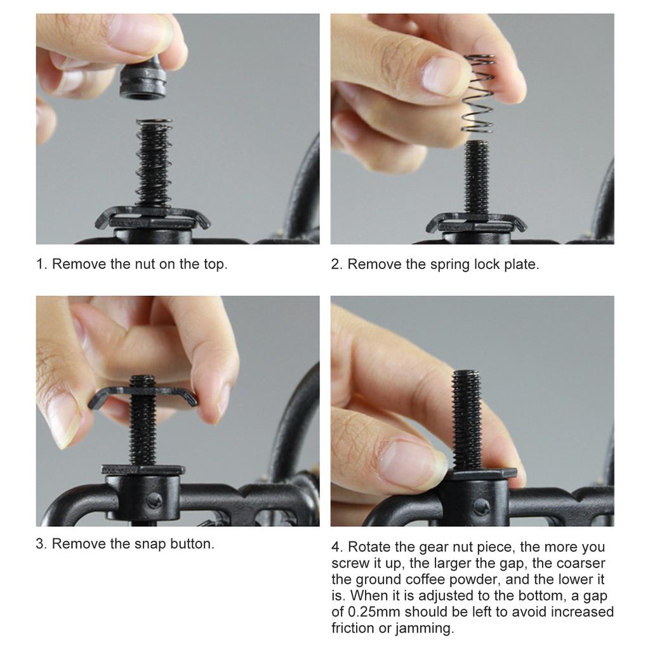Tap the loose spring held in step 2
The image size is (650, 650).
pos(478,94)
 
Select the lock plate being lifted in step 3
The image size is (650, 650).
pos(143,396)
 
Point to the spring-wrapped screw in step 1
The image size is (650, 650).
pos(154,163)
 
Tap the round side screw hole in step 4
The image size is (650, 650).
pos(481,507)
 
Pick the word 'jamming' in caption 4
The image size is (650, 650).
pos(425,628)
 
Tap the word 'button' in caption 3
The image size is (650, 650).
pos(192,543)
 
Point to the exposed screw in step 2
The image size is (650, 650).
pos(477,177)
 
